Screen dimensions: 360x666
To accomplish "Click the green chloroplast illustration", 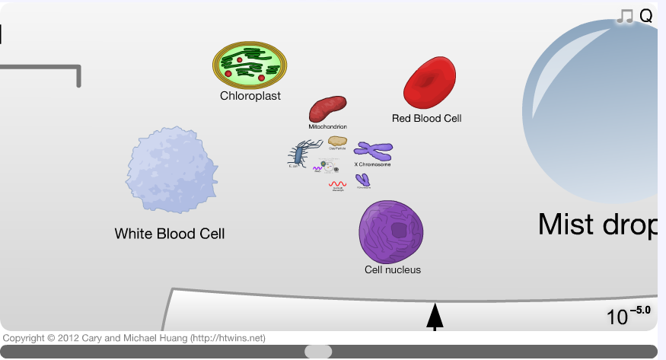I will coord(250,65).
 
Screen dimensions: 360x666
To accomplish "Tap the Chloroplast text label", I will coord(250,96).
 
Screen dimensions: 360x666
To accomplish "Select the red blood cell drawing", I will coord(429,82).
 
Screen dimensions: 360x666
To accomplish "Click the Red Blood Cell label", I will coord(426,118).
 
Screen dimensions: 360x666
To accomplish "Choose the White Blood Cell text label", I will coord(170,234).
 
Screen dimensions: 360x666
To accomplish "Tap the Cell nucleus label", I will coord(393,269).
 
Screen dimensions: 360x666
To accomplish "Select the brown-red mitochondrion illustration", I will coord(327,110).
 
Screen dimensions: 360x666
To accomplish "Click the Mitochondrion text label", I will coord(328,126).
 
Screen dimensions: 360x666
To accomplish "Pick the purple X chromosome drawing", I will coord(373,150).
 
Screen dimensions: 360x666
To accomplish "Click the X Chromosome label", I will coord(373,164).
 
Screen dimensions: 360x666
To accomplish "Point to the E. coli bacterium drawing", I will coord(299,154).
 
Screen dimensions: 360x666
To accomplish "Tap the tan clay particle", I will coord(338,142).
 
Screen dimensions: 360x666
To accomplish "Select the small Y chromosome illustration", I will coord(364,180).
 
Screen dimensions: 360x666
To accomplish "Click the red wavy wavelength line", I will coord(338,183).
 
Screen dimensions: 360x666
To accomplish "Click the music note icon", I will coord(625,16).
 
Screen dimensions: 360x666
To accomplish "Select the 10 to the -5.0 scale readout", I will coord(629,314).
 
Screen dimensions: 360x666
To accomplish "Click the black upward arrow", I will coord(435,317).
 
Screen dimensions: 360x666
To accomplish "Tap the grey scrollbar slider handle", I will coord(318,352).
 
